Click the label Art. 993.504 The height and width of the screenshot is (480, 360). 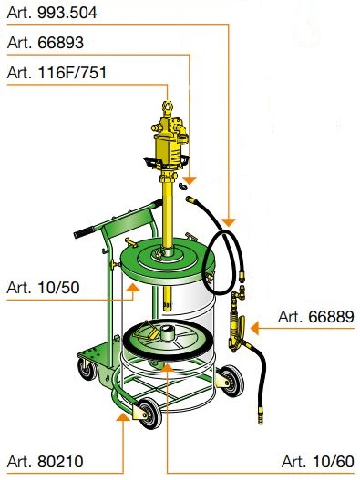click(x=52, y=13)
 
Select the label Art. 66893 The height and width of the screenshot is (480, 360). click(x=46, y=43)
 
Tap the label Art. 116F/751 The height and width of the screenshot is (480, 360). click(x=57, y=73)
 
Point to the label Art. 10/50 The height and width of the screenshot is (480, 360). click(x=43, y=288)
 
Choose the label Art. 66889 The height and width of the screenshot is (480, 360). click(x=316, y=317)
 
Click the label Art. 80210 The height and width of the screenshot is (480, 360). click(x=45, y=461)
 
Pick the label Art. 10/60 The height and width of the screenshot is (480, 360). click(x=318, y=461)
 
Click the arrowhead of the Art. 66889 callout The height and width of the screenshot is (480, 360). click(x=254, y=328)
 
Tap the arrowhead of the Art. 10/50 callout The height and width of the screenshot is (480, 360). click(x=133, y=288)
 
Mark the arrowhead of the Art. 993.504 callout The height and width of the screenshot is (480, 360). click(x=229, y=222)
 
